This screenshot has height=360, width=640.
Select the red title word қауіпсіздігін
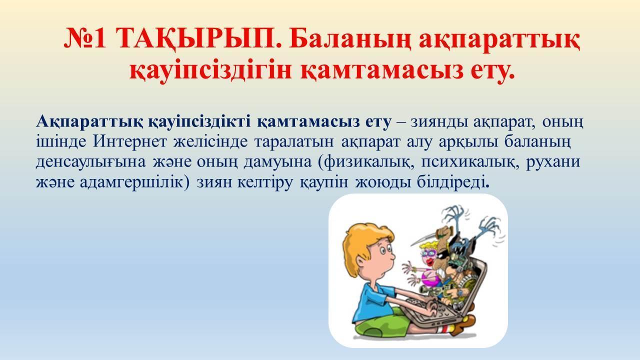(x=210, y=70)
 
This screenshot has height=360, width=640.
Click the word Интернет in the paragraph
(x=130, y=141)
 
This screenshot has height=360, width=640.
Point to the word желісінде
(x=210, y=141)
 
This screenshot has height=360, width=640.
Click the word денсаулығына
(x=91, y=162)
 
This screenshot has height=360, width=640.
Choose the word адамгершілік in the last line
(x=131, y=182)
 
